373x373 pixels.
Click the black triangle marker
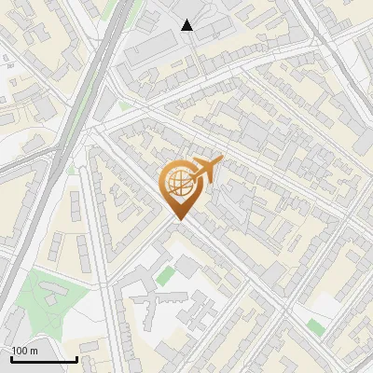point(187,25)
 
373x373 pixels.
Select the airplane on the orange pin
point(207,170)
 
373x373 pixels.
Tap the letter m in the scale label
point(34,351)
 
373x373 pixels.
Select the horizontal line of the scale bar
point(44,359)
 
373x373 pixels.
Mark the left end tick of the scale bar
point(11,357)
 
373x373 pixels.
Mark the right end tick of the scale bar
point(76,357)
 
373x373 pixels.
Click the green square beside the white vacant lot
point(316,326)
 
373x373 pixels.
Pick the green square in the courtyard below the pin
point(165,276)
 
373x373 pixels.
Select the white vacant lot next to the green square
point(322,306)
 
